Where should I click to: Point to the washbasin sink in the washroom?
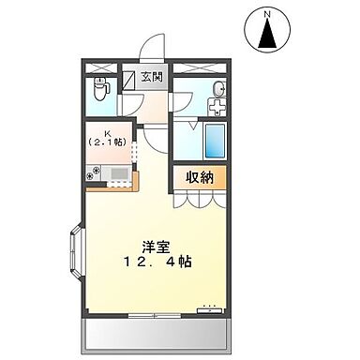tap(217, 89)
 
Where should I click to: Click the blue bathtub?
tap(215, 141)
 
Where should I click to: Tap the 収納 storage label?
tap(197, 177)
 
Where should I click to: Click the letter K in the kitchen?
tap(110, 132)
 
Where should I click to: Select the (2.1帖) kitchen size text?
tap(111, 143)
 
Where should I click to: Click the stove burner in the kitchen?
tap(94, 173)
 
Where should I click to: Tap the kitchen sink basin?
tap(119, 172)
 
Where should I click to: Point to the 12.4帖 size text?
tap(156, 262)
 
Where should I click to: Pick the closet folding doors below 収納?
tap(198, 198)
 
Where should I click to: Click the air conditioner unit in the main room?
tap(208, 307)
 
